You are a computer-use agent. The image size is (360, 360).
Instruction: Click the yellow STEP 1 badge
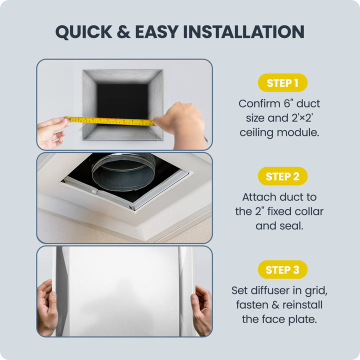coord(282,82)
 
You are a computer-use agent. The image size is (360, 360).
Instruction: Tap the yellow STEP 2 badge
coord(282,176)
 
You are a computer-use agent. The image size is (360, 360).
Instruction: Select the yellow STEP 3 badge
coord(282,269)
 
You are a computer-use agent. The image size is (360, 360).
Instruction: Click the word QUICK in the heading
coord(84,32)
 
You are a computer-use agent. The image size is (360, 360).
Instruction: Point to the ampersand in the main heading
coord(124,31)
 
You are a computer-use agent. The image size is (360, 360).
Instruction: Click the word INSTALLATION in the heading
coord(244,31)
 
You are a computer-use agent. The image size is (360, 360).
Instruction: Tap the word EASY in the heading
coord(157,31)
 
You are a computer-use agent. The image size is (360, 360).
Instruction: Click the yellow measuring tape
coord(110,121)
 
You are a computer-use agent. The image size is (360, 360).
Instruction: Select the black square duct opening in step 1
coord(122,101)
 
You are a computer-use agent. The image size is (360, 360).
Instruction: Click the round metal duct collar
coord(123,171)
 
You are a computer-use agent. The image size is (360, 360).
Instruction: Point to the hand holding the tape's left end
coord(52,132)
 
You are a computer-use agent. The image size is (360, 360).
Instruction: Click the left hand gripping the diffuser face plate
coord(47,307)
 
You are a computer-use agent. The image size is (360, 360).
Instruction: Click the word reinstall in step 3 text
coord(302,305)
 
